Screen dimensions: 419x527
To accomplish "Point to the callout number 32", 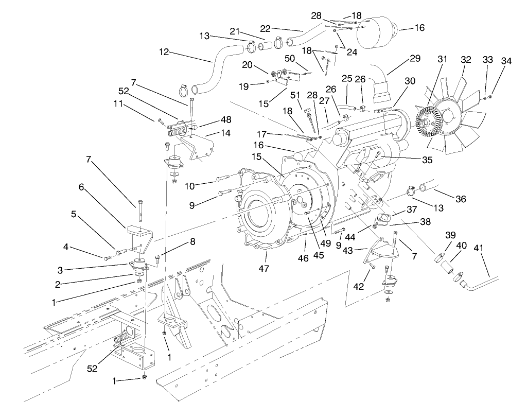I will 466,60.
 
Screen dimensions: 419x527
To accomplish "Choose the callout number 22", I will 279,28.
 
